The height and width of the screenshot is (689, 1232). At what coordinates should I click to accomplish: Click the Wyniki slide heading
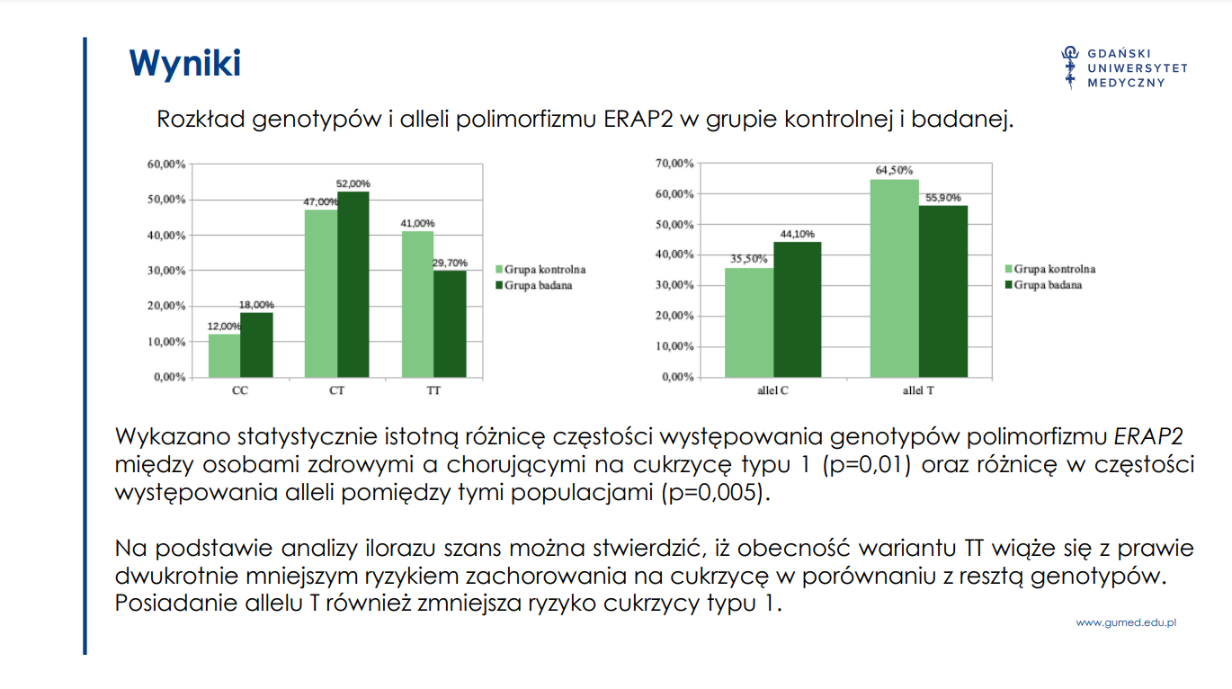[x=184, y=64]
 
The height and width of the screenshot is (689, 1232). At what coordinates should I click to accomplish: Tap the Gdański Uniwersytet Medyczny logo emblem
[x=1070, y=67]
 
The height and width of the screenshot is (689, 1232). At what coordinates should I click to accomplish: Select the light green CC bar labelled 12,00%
[x=224, y=355]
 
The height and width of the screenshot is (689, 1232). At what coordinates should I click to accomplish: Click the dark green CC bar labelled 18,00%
[x=256, y=344]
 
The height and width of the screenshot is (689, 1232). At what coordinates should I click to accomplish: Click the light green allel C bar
[x=749, y=322]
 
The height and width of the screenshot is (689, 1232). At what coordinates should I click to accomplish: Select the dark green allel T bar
[x=943, y=291]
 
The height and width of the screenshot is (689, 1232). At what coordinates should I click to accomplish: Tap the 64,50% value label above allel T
[x=894, y=170]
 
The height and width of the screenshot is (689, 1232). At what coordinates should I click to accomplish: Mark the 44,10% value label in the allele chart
[x=797, y=234]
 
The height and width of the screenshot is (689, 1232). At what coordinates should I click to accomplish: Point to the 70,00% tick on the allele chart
[x=675, y=164]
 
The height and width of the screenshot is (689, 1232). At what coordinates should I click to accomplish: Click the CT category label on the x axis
[x=336, y=391]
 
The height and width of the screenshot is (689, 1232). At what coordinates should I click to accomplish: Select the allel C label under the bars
[x=772, y=391]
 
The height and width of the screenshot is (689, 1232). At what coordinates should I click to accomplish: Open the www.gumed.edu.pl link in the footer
[x=1126, y=622]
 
